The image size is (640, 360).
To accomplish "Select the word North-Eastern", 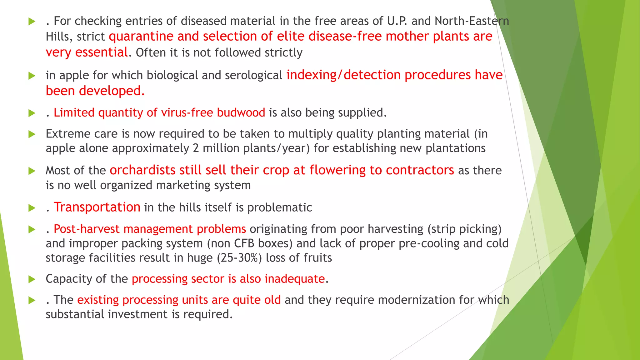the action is click(x=472, y=21).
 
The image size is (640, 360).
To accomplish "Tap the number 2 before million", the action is click(x=196, y=148).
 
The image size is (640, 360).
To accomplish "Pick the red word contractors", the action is click(x=420, y=170).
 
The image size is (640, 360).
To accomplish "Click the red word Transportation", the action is click(x=97, y=207).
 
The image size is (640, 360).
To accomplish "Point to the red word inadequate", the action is click(x=295, y=279).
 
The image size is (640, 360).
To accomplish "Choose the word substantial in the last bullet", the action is click(x=75, y=314).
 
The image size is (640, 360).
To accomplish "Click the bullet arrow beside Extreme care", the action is click(x=32, y=134).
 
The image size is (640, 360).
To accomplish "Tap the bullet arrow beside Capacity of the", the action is click(x=32, y=279).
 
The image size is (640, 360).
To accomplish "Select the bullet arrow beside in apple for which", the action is click(x=32, y=76).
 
